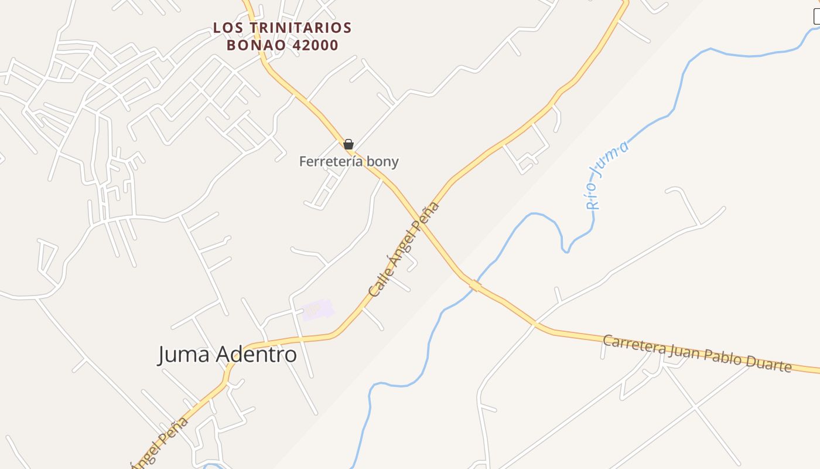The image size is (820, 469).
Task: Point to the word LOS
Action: [225, 28]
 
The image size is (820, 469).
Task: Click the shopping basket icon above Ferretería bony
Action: [348, 144]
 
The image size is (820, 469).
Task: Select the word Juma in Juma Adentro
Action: [184, 354]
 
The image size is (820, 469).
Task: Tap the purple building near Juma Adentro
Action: [317, 309]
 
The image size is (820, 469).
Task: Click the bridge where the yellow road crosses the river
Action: [475, 285]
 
